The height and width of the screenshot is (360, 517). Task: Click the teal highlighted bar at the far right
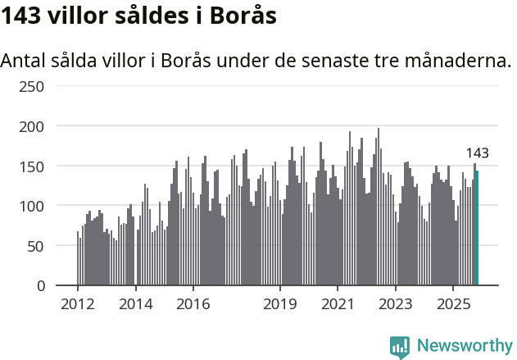click(477, 228)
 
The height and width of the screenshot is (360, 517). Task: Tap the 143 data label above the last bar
click(477, 153)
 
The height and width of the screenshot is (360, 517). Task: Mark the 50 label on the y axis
click(37, 246)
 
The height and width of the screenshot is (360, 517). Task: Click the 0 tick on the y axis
click(41, 285)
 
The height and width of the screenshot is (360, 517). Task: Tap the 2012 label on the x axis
click(78, 305)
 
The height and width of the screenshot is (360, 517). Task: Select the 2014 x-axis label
click(135, 305)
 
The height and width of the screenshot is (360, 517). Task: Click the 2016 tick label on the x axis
click(193, 305)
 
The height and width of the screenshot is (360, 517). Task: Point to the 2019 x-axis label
click(280, 305)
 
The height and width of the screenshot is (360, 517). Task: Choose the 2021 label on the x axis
click(337, 305)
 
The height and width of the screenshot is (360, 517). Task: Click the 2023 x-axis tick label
click(395, 305)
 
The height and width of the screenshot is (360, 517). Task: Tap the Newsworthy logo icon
click(400, 347)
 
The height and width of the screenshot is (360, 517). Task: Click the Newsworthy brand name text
click(464, 346)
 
